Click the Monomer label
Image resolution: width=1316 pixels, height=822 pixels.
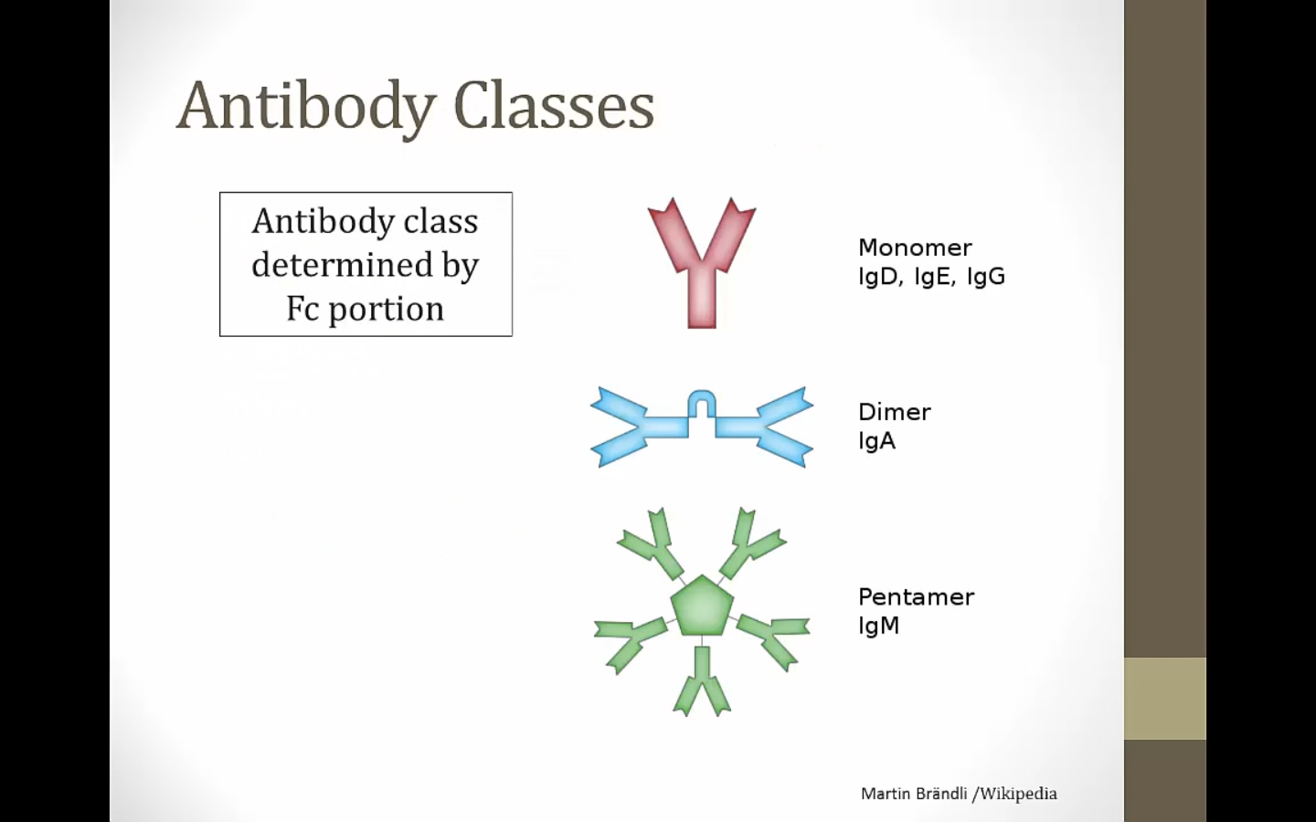pos(915,248)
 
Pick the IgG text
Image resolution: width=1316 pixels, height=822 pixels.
pos(986,277)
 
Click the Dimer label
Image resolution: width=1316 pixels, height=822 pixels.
pos(894,412)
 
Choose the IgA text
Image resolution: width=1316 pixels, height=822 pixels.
pos(877,441)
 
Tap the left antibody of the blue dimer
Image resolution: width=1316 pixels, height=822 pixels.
pos(639,427)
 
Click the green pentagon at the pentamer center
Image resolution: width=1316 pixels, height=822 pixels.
pos(702,606)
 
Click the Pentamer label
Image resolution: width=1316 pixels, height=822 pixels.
pos(916,597)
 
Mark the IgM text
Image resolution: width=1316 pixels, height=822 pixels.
pos(879,626)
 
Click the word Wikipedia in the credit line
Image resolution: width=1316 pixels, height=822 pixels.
pos(1019,794)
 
